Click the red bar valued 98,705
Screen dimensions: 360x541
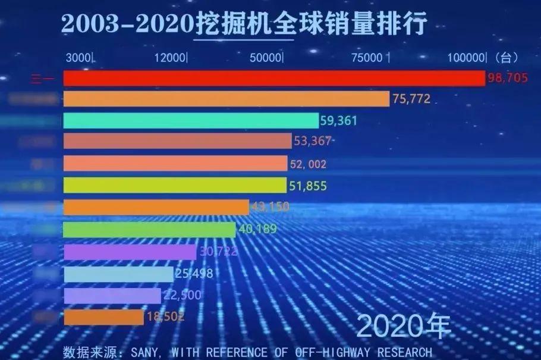point(273,79)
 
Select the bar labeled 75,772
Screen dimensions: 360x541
point(226,99)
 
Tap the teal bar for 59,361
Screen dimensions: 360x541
point(190,121)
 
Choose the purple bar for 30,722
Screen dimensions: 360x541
point(130,252)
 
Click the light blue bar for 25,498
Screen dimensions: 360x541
point(118,274)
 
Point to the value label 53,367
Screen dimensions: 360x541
point(312,142)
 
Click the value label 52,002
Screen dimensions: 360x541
point(307,164)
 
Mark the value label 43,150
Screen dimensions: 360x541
point(269,207)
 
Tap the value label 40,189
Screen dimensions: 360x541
point(256,229)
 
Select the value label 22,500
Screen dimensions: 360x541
point(182,295)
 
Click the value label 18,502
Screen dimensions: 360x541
point(163,317)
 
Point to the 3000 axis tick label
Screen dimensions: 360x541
point(78,58)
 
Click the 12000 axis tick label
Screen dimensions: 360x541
point(169,58)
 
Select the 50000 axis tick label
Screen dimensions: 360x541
point(265,58)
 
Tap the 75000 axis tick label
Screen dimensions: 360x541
point(367,58)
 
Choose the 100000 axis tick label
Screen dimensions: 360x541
point(467,58)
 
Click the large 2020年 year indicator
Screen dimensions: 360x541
point(404,326)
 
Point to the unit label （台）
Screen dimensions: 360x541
point(506,58)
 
